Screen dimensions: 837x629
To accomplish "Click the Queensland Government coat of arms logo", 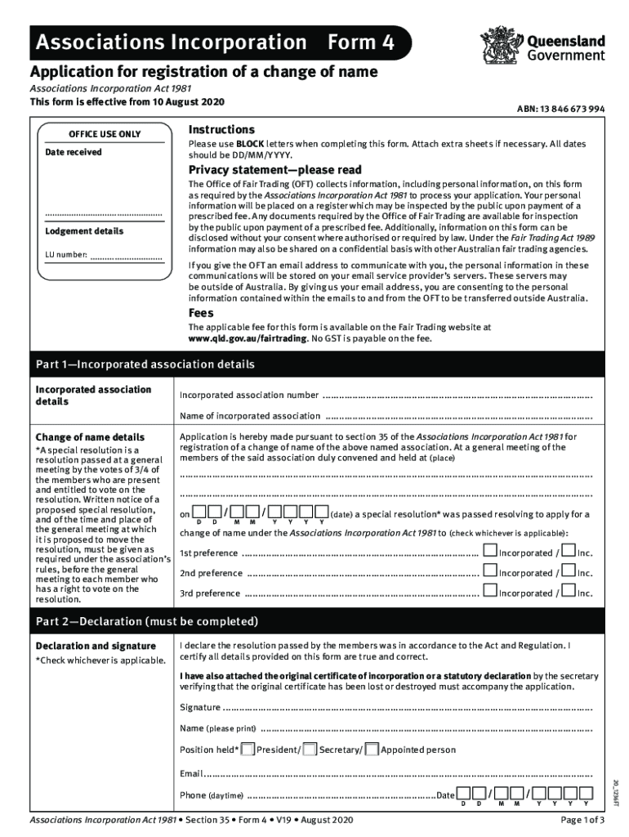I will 497,45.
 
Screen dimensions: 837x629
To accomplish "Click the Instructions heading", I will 221,130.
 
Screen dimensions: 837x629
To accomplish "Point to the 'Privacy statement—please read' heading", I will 274,170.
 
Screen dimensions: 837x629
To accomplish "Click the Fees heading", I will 201,313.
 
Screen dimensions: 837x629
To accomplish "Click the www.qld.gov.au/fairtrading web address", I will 248,338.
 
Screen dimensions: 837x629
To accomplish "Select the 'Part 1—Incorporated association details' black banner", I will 314,364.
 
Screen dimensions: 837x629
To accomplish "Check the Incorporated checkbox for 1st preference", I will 489,551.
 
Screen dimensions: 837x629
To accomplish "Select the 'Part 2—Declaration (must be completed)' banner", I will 314,621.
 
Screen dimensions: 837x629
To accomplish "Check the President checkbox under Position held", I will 247,750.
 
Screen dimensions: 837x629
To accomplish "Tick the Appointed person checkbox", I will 372,750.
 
